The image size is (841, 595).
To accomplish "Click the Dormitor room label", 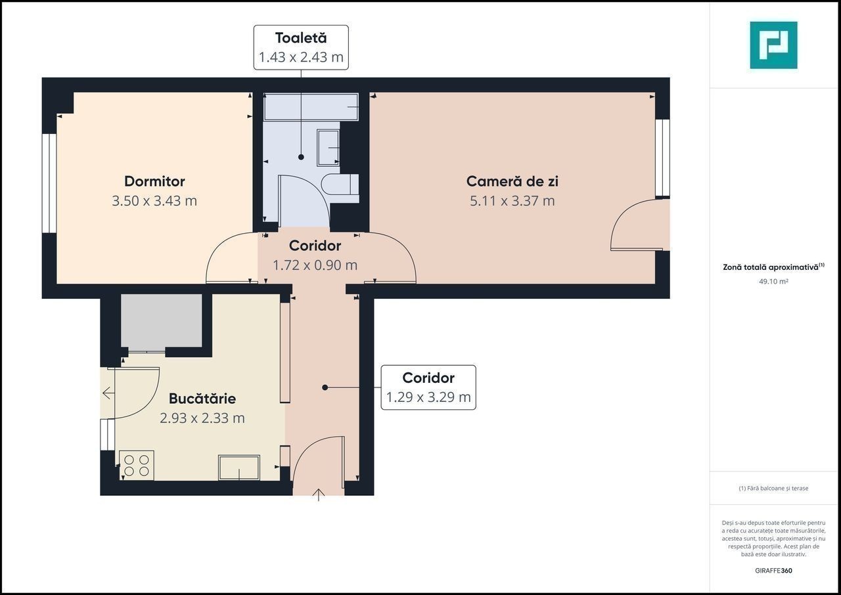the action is (154, 181).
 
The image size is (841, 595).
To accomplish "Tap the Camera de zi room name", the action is (512, 181).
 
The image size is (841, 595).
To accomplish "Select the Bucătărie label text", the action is (202, 399).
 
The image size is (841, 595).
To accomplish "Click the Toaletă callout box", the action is (301, 48).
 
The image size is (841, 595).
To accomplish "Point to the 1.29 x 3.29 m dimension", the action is (428, 397).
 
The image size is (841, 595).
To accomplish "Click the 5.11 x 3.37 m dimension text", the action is (512, 201).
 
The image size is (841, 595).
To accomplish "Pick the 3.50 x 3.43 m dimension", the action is (154, 201).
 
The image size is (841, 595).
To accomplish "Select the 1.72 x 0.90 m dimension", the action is (315, 265).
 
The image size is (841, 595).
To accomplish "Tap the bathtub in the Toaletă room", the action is (311, 107).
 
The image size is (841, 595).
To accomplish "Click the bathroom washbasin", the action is (329, 148).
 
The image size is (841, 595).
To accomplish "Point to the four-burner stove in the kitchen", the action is (137, 465).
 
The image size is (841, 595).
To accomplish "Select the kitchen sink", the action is (239, 468).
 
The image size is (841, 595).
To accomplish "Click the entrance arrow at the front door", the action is (319, 495).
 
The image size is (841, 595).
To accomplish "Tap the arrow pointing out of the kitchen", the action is (108, 393).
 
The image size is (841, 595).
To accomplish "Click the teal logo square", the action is (773, 45).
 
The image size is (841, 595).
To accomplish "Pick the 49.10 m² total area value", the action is (773, 281).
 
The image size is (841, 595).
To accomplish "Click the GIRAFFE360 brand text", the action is (773, 571).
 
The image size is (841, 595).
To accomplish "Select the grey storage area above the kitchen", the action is (162, 320).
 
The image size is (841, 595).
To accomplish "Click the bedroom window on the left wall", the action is (49, 183).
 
